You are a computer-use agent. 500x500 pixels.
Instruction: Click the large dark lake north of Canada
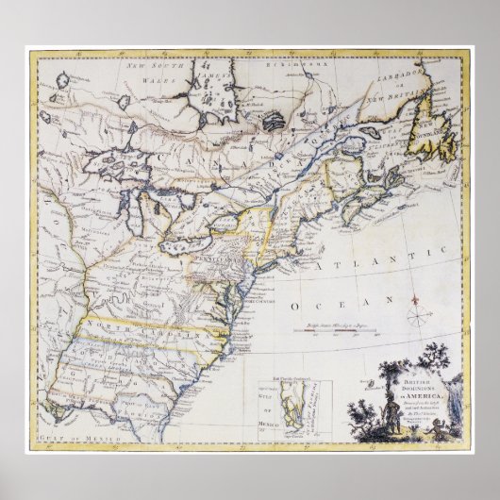(x=273, y=122)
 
